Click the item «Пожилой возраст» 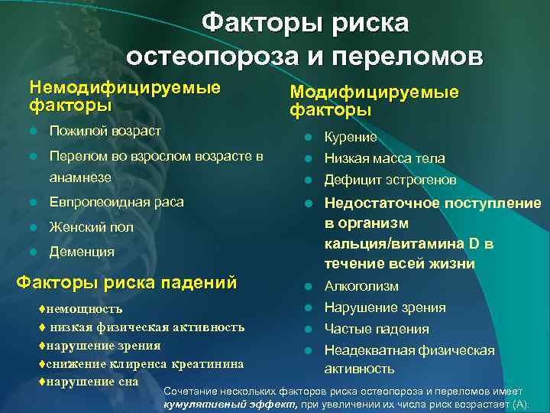click(x=105, y=131)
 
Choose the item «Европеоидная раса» click(x=116, y=203)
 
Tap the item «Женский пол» click(x=91, y=227)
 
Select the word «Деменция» click(x=82, y=252)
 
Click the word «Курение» click(x=351, y=137)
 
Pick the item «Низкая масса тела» click(x=384, y=158)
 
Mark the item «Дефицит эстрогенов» click(x=390, y=180)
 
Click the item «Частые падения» click(x=377, y=329)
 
